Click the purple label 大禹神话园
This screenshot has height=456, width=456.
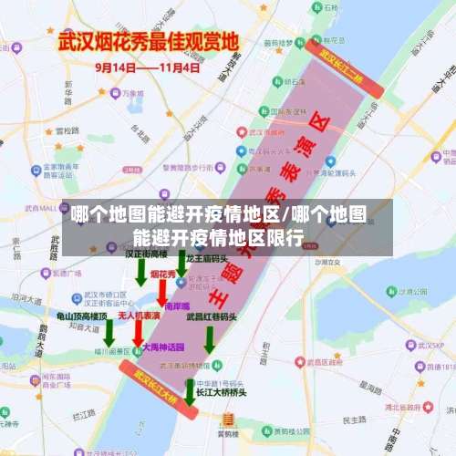click(164, 347)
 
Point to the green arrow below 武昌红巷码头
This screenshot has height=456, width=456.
click(210, 338)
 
